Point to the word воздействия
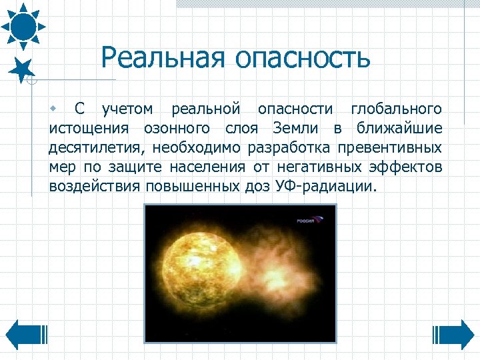(91, 186)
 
